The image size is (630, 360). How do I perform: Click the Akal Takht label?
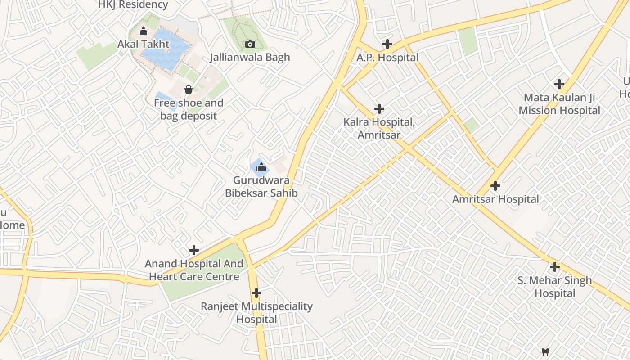click(x=144, y=44)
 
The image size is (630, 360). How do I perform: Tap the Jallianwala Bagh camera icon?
click(x=250, y=44)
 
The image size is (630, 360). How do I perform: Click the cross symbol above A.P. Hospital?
click(x=387, y=44)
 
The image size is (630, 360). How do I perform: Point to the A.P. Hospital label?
click(x=387, y=58)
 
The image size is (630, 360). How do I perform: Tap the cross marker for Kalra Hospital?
click(x=379, y=109)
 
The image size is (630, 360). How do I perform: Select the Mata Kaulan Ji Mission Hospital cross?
click(x=559, y=84)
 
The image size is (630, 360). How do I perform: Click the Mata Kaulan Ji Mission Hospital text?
click(x=559, y=104)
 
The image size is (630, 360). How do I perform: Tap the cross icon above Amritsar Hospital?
click(x=495, y=185)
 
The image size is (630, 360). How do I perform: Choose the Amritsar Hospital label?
click(x=495, y=199)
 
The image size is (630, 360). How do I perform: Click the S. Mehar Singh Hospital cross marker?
click(x=555, y=267)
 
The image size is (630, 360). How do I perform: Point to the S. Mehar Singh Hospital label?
click(x=555, y=287)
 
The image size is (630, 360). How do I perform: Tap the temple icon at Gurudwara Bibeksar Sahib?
click(x=261, y=167)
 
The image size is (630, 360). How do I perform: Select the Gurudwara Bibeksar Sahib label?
click(x=261, y=187)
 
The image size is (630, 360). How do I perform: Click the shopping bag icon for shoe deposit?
click(x=189, y=90)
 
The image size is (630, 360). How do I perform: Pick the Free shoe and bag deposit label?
click(x=189, y=109)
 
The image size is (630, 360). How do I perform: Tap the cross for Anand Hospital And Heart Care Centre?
click(x=194, y=250)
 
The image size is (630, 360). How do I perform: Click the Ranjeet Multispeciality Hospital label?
click(x=256, y=313)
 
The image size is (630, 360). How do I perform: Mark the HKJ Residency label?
click(x=133, y=5)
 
